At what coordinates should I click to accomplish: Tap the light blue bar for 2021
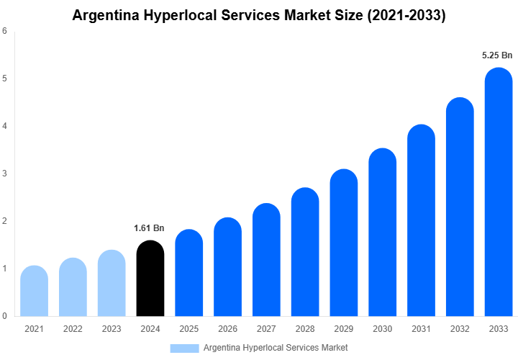click(34, 291)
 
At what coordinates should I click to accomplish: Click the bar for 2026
click(227, 266)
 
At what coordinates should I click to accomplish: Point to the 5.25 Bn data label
click(497, 55)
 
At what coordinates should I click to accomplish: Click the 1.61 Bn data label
click(149, 228)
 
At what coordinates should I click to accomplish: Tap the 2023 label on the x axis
click(112, 329)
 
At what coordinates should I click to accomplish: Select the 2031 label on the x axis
click(421, 329)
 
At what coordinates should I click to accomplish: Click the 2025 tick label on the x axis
click(188, 329)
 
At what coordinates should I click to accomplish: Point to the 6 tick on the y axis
click(5, 31)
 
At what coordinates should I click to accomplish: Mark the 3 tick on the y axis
click(5, 174)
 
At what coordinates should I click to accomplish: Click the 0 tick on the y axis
click(5, 316)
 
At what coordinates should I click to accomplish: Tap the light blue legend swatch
click(184, 348)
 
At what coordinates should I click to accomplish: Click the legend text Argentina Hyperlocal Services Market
click(276, 348)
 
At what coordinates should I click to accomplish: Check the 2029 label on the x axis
click(344, 329)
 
